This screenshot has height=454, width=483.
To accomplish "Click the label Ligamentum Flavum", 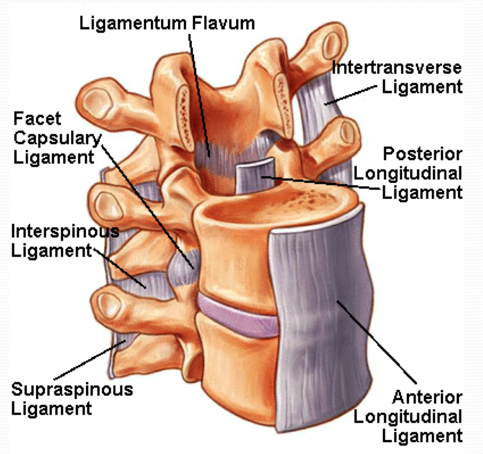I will [x=167, y=23].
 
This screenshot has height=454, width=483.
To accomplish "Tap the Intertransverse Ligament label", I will [x=397, y=77].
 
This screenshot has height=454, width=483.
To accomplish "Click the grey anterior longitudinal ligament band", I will [x=318, y=329].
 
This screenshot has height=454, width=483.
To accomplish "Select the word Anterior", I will [x=426, y=398].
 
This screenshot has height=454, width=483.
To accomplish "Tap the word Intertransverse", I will [x=397, y=68].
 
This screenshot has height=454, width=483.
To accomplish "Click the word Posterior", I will [x=422, y=154].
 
